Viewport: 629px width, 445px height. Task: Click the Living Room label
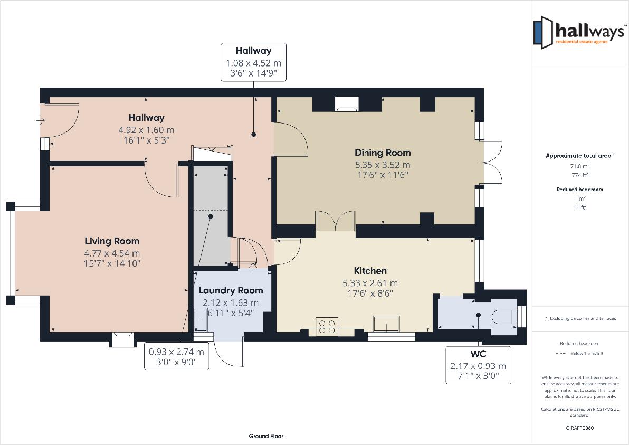[x=112, y=241]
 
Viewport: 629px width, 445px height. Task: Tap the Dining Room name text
[x=383, y=153]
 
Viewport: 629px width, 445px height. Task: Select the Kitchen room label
[x=370, y=271]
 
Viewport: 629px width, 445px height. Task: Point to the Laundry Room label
[x=231, y=290]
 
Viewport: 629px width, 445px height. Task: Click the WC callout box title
[x=478, y=354]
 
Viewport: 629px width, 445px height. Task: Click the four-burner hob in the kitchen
[x=327, y=326]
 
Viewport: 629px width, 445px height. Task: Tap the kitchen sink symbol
[x=386, y=324]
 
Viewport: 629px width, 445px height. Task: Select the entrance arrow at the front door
[x=41, y=120]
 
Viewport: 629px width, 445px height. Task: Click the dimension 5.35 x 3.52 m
[x=383, y=165]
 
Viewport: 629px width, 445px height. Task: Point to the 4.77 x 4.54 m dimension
[x=112, y=253]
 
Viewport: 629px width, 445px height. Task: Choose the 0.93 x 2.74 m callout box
[x=176, y=356]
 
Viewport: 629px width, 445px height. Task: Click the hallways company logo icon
[x=543, y=33]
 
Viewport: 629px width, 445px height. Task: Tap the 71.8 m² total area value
[x=579, y=165]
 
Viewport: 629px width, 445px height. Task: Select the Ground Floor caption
[x=266, y=436]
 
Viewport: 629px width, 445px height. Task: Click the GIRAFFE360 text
[x=579, y=428]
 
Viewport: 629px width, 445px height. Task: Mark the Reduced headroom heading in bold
[x=579, y=190]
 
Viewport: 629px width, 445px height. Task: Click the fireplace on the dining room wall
[x=347, y=103]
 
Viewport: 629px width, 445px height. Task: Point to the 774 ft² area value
[x=579, y=175]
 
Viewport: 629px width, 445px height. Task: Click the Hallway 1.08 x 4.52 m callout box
[x=253, y=62]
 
